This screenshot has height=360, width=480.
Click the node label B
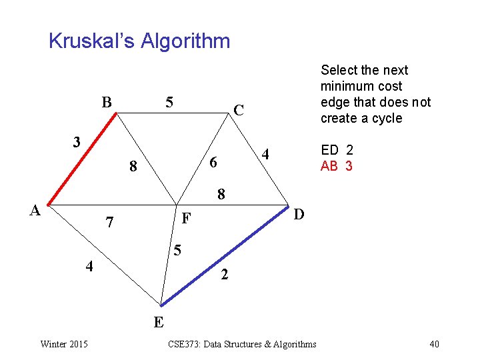[106, 103]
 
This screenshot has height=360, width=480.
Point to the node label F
[187, 218]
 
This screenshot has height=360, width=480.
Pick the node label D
[299, 213]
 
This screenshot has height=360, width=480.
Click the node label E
[159, 323]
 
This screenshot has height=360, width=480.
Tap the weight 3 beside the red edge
[77, 142]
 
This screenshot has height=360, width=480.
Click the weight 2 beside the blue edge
[225, 274]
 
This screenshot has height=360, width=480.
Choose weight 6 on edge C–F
[213, 163]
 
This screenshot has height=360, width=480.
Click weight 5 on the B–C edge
[169, 103]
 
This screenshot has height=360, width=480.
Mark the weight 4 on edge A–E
[89, 267]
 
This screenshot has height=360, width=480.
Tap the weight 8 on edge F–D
[221, 195]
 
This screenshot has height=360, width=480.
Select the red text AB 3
[337, 166]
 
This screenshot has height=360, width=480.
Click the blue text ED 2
[337, 150]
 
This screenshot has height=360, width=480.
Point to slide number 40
[434, 344]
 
